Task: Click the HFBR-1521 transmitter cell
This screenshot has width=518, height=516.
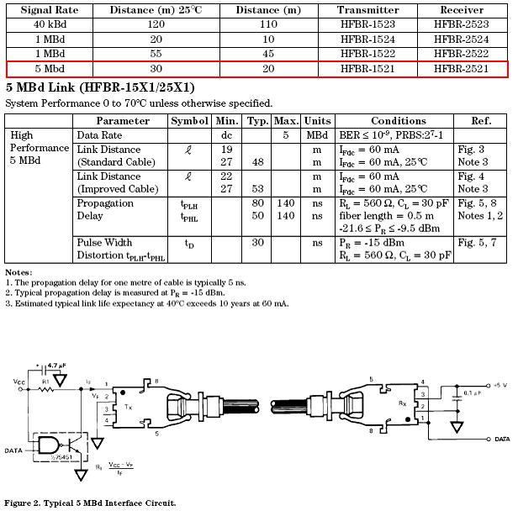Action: coord(367,69)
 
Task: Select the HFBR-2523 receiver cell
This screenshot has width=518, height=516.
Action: coord(462,25)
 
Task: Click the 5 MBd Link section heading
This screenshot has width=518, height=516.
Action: coord(100,87)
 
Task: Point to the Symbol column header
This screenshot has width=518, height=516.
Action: coord(188,121)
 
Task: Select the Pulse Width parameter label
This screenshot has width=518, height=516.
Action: coord(104,243)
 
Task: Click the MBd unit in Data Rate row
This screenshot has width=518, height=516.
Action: coord(316,134)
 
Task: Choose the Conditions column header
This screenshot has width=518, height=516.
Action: coord(398,121)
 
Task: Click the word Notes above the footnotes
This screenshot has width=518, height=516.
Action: coord(18,272)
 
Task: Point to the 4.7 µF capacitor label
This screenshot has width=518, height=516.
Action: coord(57,366)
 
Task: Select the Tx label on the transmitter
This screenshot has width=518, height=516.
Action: coord(127,406)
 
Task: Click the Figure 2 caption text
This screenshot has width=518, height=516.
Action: coord(90,503)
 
